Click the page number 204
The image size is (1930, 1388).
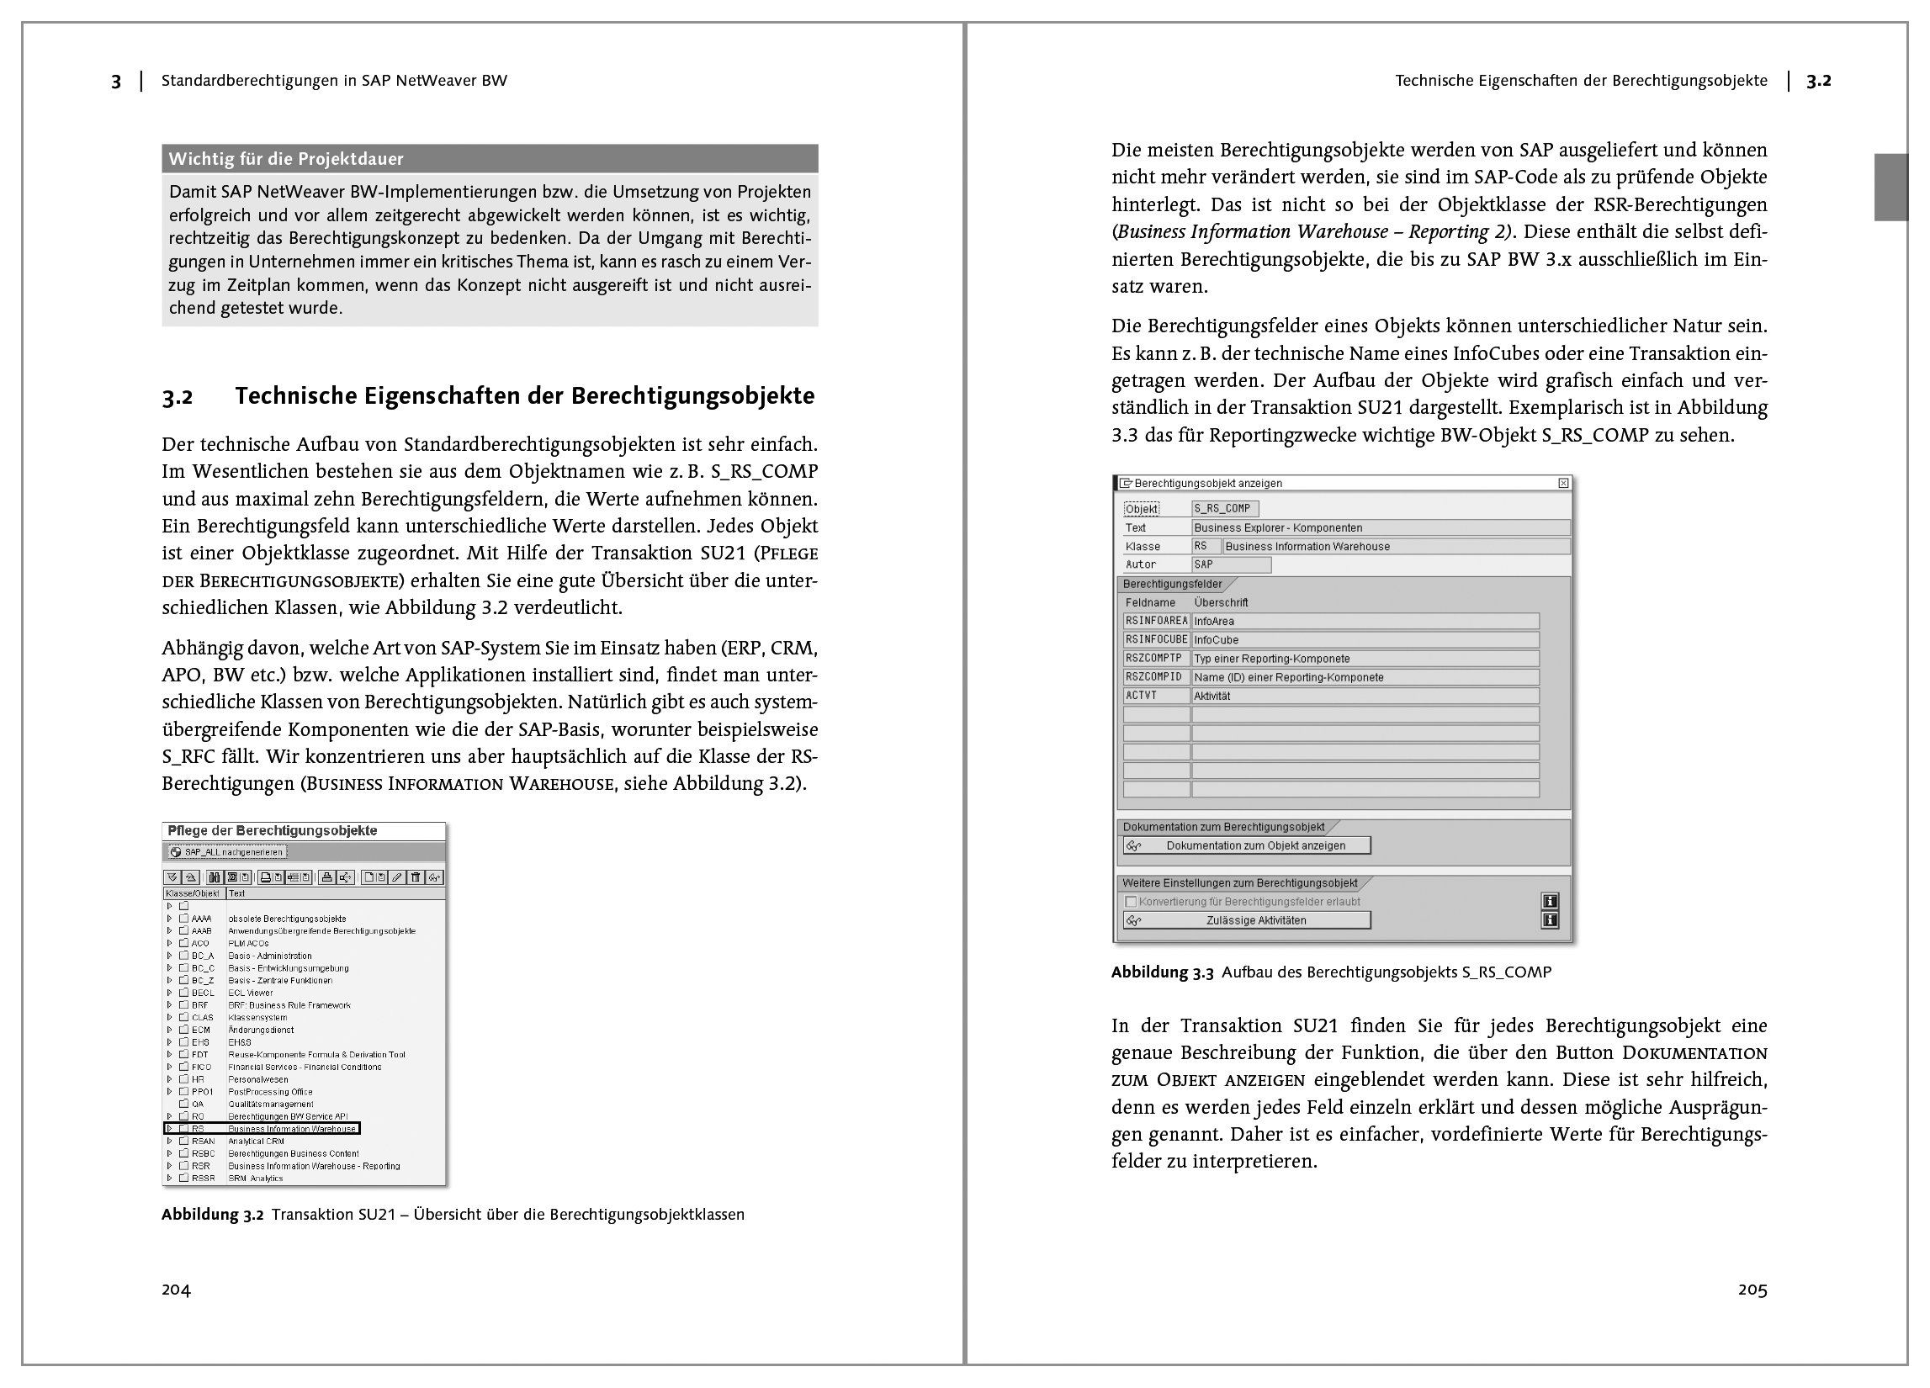click(x=176, y=1290)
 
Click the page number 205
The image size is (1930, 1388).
click(x=1752, y=1290)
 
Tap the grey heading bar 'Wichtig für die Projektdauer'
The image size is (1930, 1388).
click(x=490, y=159)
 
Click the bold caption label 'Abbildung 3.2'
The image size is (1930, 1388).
click(x=213, y=1215)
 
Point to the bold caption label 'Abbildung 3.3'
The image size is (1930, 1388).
click(x=1163, y=972)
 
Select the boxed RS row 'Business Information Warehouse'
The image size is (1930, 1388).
click(x=262, y=1128)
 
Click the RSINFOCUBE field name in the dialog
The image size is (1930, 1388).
click(x=1156, y=640)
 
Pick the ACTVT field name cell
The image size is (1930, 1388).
click(x=1156, y=696)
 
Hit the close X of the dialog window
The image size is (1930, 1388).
click(x=1563, y=484)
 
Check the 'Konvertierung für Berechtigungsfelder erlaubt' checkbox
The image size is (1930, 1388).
click(x=1131, y=901)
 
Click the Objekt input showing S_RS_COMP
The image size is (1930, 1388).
click(x=1224, y=509)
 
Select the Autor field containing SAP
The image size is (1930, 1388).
click(x=1231, y=564)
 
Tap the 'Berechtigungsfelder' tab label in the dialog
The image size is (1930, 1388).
click(x=1173, y=585)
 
